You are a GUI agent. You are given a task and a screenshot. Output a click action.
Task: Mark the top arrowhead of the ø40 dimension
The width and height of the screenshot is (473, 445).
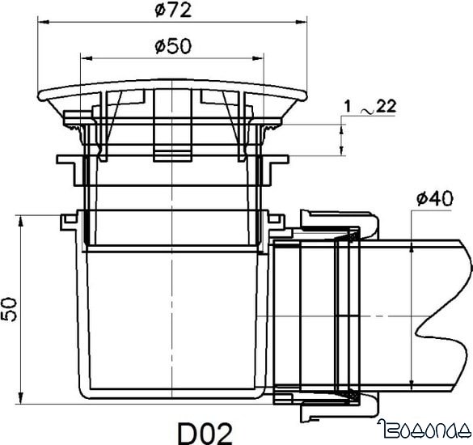coord(413,244)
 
